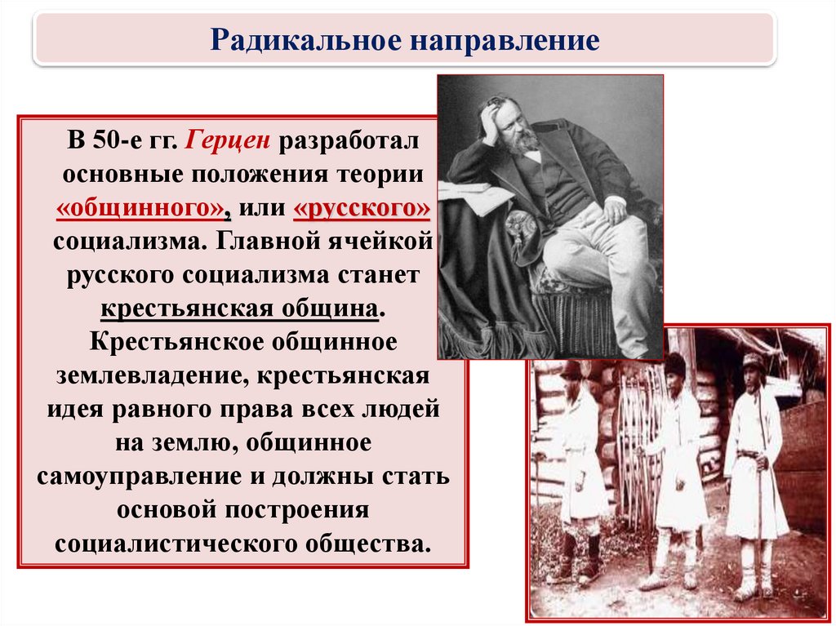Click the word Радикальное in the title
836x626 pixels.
[x=305, y=39]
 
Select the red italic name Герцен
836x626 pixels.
[x=228, y=142]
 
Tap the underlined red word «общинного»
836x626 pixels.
[x=140, y=208]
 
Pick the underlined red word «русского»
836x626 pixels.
[x=361, y=208]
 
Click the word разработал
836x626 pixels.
[x=349, y=142]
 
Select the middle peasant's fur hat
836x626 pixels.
[x=674, y=366]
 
